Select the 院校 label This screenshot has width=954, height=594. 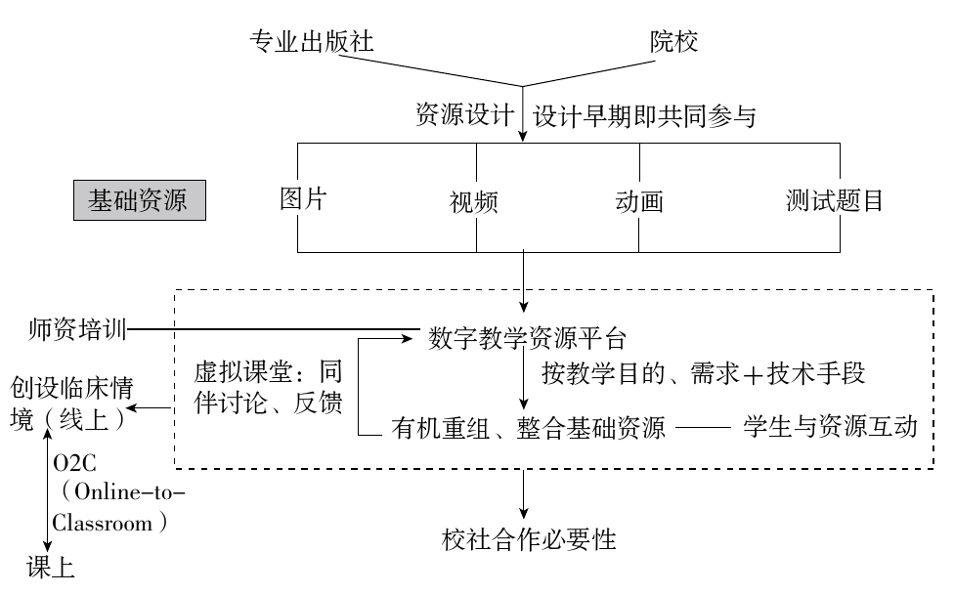pos(675,42)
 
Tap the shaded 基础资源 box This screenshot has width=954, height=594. pos(139,201)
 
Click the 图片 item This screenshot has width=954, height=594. pos(303,199)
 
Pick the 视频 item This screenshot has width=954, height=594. pos(474,203)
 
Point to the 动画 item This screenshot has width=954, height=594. pos(639,202)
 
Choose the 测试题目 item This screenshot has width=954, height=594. pos(836,201)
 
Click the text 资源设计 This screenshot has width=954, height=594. pos(464,115)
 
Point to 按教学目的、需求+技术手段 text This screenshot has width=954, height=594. pos(704,373)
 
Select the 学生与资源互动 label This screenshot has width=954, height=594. pos(830,427)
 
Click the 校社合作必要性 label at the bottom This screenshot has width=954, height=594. pos(529,539)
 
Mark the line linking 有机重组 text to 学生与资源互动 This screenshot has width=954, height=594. pos(704,428)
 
